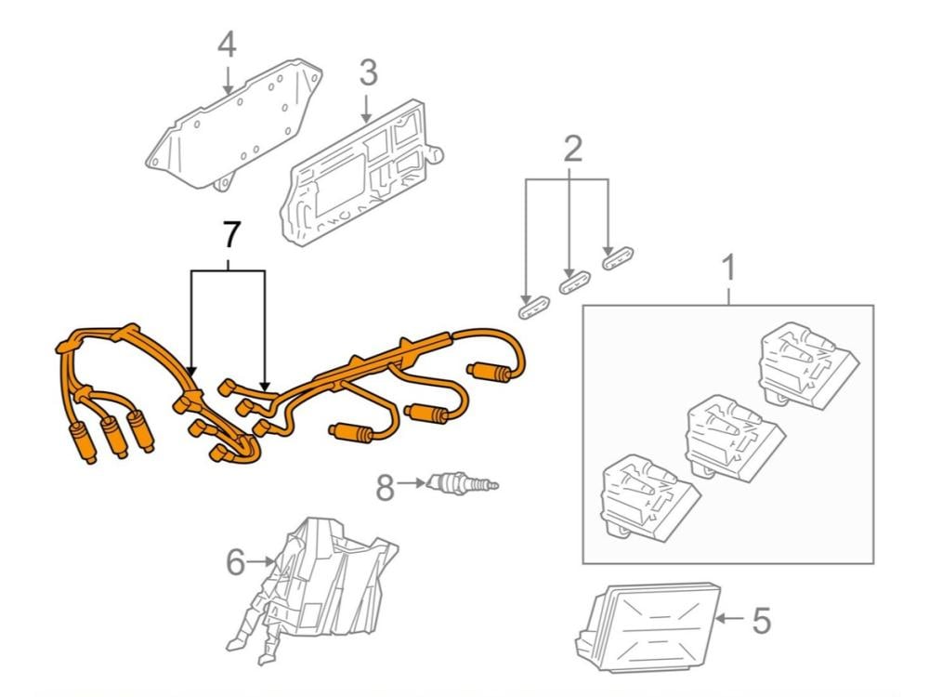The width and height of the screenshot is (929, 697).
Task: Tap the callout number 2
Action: click(x=573, y=148)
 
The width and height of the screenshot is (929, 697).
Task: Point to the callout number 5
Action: click(x=761, y=620)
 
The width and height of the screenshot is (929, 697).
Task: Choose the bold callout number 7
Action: click(x=229, y=236)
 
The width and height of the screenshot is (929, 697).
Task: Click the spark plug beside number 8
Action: click(x=460, y=483)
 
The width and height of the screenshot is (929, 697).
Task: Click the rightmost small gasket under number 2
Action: click(x=618, y=256)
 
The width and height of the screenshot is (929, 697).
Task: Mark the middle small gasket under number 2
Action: click(x=574, y=281)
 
